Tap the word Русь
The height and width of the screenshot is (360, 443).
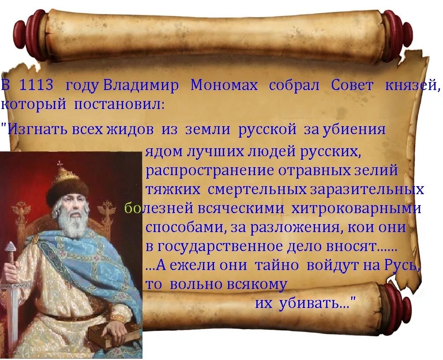click(399, 266)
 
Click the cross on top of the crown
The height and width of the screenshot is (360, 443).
click(60, 165)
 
